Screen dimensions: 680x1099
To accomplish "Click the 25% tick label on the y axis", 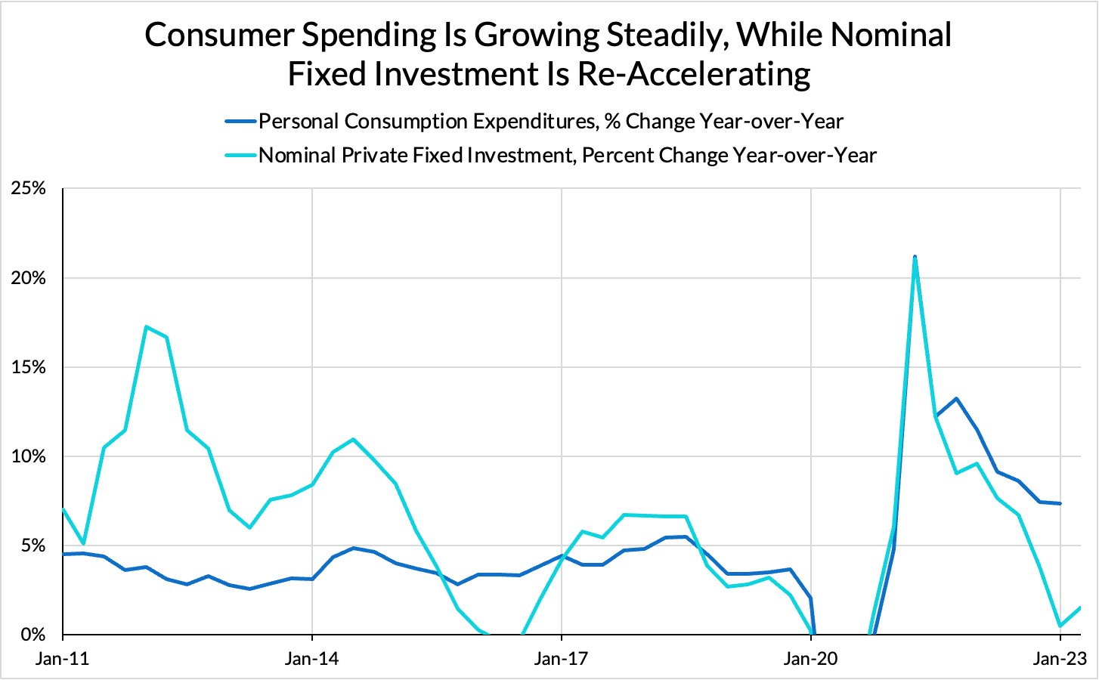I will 29,189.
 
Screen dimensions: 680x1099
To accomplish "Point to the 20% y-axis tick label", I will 29,278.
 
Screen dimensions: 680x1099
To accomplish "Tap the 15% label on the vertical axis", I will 29,367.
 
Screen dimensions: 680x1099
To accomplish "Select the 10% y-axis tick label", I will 29,456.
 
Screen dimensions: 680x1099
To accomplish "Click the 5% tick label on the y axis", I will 33,546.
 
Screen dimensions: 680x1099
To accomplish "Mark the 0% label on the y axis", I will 33,635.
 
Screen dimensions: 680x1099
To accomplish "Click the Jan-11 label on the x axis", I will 63,659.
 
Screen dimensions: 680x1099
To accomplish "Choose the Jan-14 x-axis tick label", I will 312,659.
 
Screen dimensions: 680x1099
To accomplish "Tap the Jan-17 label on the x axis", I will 562,659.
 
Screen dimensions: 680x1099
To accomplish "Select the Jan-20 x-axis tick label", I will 811,659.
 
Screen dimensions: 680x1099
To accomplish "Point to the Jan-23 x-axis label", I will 1060,659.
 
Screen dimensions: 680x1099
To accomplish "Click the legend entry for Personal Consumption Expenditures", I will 550,121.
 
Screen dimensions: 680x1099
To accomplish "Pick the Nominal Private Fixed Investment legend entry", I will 567,156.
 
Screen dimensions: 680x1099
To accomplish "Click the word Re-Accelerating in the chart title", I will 694,74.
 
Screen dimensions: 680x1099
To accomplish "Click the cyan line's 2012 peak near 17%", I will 146,326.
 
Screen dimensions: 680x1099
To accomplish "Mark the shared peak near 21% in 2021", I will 915,258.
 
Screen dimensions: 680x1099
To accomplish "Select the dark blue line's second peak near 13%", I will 956,398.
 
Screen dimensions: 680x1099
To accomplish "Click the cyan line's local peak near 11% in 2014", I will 353,439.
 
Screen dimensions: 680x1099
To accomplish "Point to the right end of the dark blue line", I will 1060,503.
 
